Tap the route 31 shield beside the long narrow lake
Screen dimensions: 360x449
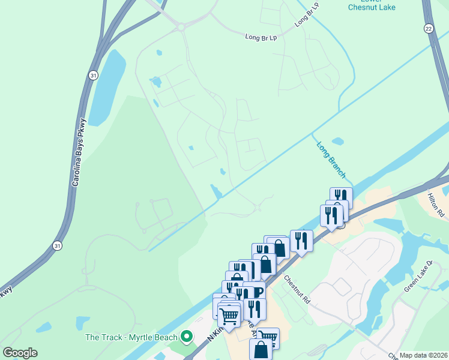pos(92,74)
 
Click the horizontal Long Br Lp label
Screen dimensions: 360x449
pos(261,37)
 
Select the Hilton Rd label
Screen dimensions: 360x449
pos(436,205)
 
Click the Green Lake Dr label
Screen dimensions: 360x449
pos(418,276)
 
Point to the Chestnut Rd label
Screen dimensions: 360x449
pos(297,289)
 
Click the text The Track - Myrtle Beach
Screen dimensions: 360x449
pos(131,337)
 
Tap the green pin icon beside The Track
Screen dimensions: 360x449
pos(187,337)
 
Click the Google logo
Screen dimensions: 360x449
pos(20,353)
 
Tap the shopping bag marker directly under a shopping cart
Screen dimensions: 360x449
pos(260,349)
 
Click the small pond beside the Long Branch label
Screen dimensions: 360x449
pos(338,142)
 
